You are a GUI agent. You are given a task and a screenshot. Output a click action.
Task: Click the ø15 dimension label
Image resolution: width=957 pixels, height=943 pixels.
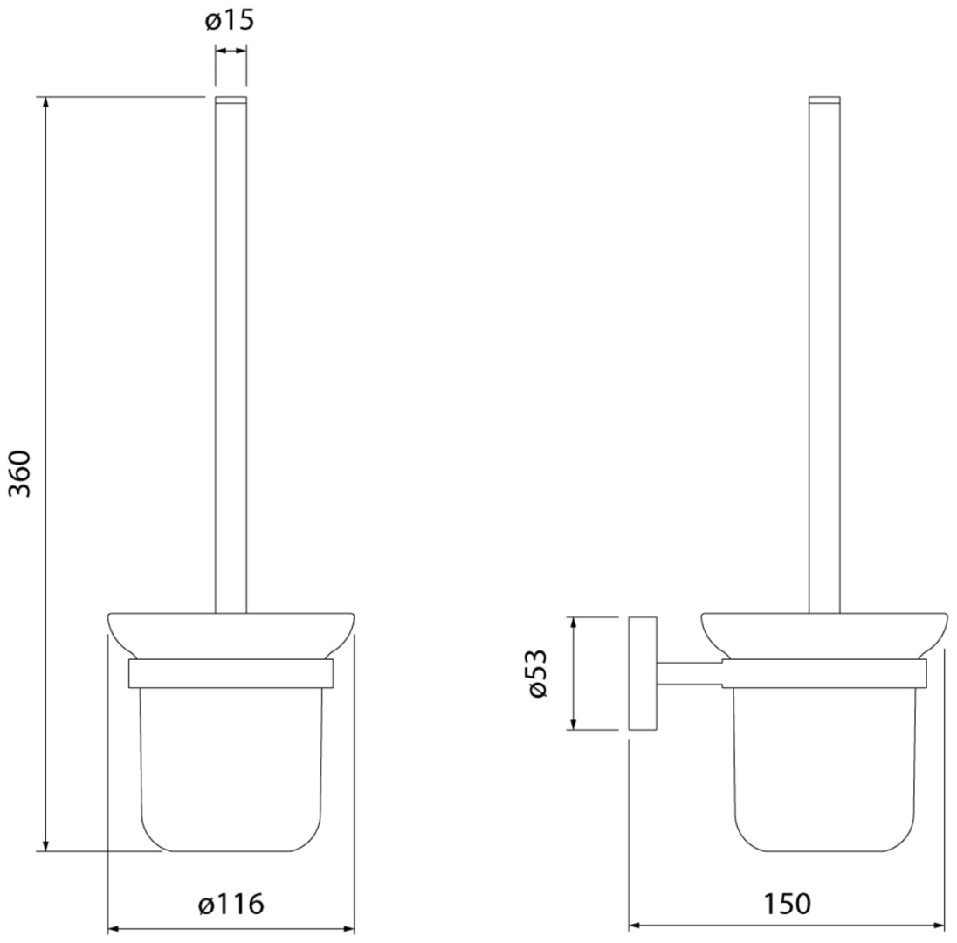[230, 21]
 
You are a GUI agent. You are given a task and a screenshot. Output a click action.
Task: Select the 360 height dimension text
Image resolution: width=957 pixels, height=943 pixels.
[21, 473]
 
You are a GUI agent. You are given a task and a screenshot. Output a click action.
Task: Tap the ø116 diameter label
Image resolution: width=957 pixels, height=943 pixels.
[231, 904]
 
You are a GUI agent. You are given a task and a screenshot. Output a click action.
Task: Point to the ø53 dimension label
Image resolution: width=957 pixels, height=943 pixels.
[538, 673]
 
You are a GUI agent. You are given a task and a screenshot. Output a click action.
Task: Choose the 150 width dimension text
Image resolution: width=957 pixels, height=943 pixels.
[788, 904]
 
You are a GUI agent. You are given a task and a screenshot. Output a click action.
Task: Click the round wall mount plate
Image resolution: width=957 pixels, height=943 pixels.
[643, 673]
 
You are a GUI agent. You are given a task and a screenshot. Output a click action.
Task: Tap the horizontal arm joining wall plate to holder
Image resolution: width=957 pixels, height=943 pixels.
[690, 673]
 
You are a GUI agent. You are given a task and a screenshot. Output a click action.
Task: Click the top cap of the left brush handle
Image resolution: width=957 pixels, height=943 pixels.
[231, 100]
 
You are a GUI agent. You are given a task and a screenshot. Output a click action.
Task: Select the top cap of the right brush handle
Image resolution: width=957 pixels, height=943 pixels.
[824, 100]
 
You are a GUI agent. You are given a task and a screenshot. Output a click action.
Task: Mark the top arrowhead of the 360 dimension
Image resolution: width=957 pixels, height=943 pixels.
[45, 102]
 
